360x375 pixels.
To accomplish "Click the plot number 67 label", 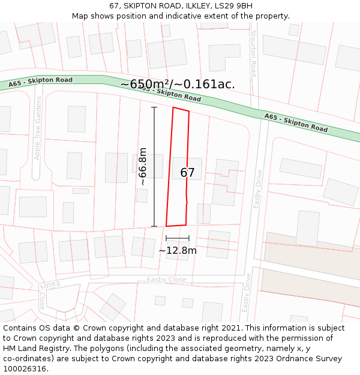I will (187, 173).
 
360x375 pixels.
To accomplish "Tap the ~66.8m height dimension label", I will (143, 166).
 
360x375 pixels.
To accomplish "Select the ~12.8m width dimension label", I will (177, 250).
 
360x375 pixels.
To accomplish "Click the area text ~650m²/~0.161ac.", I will (178, 85).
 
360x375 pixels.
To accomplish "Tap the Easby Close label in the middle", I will (166, 280).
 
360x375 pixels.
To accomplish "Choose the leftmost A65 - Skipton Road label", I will (40, 82).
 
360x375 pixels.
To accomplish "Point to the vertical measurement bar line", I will (154, 166).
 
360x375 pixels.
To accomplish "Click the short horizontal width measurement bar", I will (178, 238).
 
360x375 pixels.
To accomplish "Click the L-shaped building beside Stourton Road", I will (224, 58).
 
